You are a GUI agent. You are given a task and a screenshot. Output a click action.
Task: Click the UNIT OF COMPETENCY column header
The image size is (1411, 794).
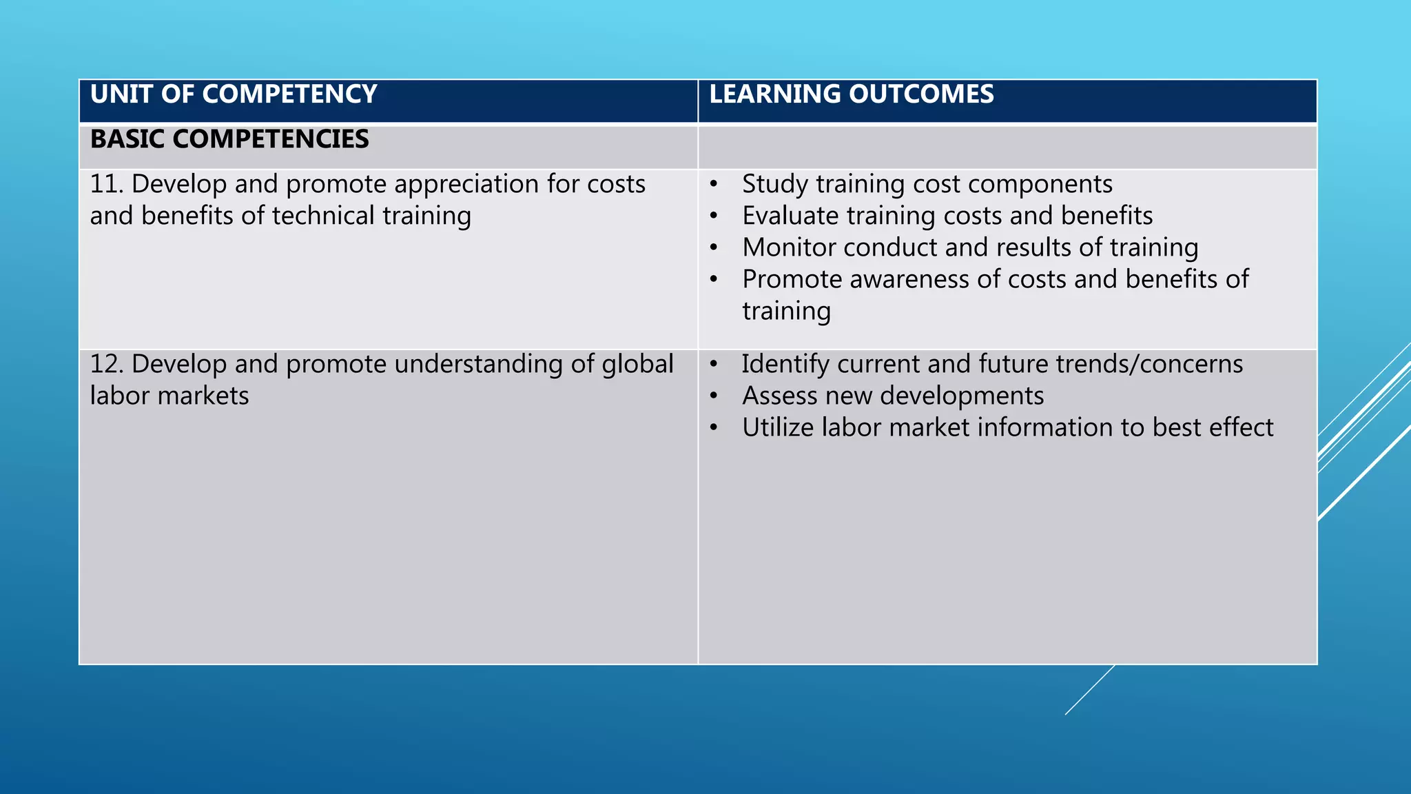[234, 94]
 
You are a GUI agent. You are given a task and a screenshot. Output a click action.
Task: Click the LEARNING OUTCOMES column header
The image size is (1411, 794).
[852, 94]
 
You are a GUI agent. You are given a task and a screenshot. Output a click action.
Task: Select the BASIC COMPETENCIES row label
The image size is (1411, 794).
[229, 139]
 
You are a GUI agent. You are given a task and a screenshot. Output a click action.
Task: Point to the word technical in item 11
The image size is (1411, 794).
[323, 216]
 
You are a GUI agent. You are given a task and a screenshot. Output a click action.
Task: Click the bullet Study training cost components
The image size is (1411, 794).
[927, 185]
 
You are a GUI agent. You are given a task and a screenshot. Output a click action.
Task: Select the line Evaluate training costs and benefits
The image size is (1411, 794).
[947, 216]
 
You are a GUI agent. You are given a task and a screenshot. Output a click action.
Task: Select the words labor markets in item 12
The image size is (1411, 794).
[169, 396]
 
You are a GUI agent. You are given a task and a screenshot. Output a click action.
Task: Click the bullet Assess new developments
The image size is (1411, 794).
[893, 396]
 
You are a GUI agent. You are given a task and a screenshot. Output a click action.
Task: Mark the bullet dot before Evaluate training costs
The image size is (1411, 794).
[714, 216]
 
